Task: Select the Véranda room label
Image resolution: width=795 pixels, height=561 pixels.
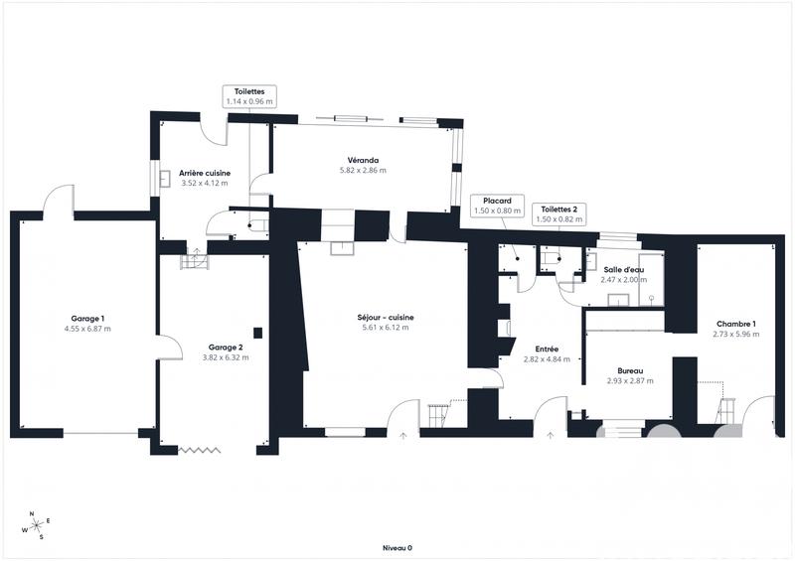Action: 363,160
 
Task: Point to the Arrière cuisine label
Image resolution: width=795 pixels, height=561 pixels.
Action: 204,173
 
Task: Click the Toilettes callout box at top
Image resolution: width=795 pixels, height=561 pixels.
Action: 248,95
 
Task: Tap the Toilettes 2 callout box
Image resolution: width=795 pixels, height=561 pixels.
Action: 559,213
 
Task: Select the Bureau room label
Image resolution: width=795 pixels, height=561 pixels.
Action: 629,370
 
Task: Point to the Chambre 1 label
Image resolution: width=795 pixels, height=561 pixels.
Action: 735,325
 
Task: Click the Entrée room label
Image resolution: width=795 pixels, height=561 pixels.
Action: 547,350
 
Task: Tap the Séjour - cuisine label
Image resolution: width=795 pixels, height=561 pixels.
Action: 386,318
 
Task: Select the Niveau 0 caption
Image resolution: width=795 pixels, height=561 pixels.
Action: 397,547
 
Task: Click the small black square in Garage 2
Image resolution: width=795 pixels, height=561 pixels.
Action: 257,333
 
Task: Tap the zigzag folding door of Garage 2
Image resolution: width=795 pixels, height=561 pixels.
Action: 199,450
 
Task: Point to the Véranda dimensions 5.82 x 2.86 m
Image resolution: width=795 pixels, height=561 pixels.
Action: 363,171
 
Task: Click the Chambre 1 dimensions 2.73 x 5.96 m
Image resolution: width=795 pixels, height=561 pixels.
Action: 735,335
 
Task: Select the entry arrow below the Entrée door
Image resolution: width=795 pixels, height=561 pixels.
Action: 550,434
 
